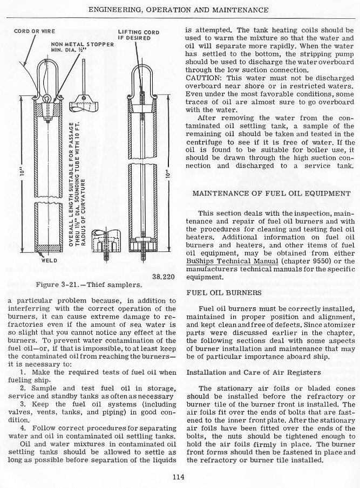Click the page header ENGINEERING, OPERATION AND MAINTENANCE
[179, 10]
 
